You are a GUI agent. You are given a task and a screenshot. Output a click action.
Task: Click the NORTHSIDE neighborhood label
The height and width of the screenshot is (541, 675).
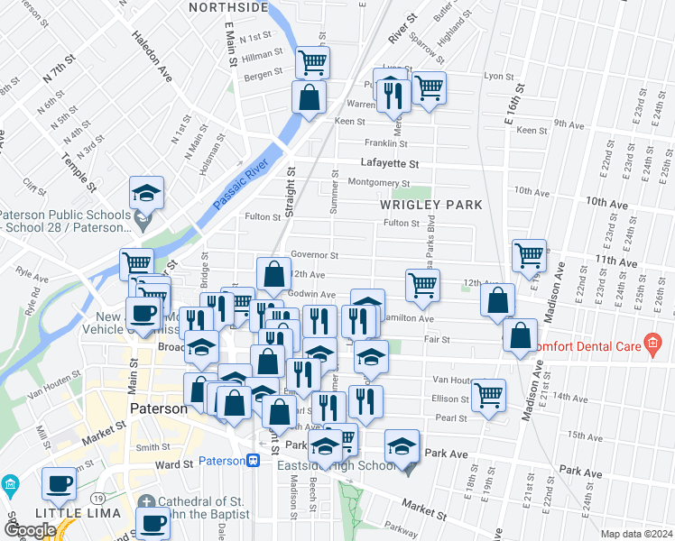point(227,8)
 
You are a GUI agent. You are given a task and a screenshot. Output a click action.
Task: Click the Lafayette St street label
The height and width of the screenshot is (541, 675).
point(390,164)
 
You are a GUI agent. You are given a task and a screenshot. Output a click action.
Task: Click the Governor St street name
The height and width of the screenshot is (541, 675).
point(314,256)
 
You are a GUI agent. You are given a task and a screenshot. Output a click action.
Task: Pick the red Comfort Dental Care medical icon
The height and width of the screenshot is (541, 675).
point(652,344)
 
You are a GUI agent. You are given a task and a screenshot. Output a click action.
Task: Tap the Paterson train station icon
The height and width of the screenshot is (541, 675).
point(254,461)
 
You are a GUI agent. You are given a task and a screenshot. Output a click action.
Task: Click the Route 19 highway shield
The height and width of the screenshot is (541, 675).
point(95,498)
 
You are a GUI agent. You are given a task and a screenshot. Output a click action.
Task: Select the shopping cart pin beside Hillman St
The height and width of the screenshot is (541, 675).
point(312,62)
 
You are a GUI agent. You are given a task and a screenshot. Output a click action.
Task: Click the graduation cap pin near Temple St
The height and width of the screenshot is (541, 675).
point(146,192)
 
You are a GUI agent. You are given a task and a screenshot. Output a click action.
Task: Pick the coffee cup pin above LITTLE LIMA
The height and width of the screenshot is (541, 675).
point(60,482)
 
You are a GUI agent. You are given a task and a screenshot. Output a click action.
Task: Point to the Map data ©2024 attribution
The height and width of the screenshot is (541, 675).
point(636,534)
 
